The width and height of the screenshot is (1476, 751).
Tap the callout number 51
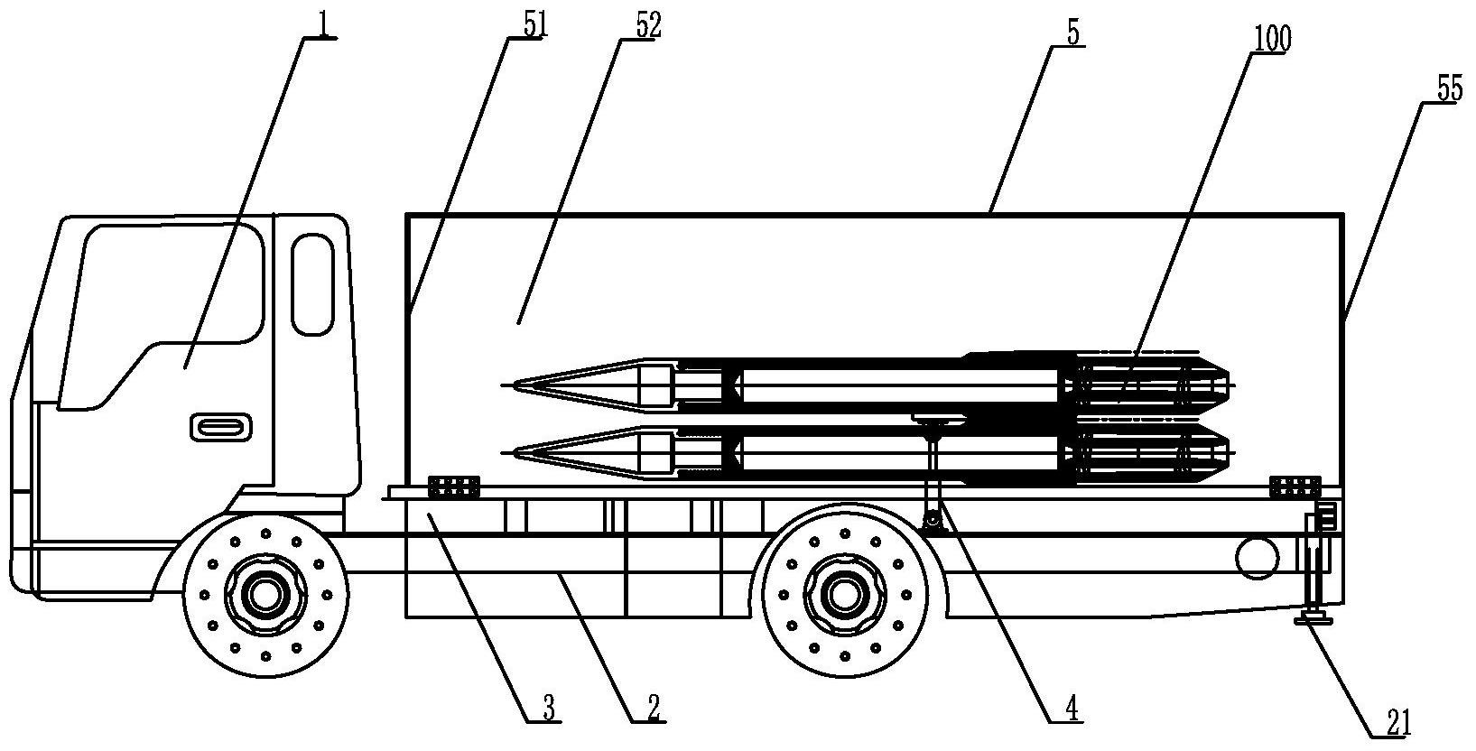535,25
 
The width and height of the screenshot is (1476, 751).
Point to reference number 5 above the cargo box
1073,32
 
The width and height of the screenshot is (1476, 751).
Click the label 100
1271,39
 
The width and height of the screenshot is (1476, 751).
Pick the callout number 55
1450,88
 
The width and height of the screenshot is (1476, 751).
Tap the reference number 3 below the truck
548,709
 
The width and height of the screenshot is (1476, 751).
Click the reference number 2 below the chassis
653,709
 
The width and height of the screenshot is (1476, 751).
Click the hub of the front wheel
265,595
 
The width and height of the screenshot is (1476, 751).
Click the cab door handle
221,427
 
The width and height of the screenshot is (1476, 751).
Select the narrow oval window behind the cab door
313,284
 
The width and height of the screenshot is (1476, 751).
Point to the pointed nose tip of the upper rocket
503,385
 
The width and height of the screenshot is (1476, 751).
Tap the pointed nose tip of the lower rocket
503,452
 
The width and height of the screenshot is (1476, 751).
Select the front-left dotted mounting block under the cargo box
454,487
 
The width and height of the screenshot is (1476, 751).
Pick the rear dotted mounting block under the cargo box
1295,487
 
